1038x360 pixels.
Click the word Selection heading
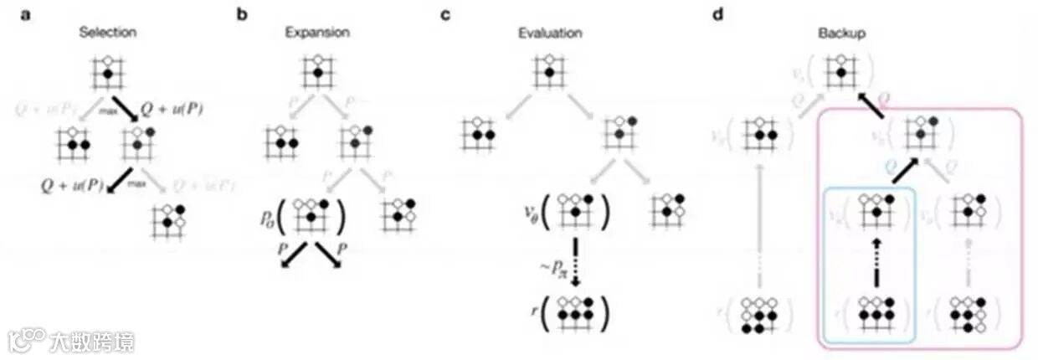(107, 33)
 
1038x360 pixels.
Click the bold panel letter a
(28, 14)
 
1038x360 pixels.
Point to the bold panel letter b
(242, 14)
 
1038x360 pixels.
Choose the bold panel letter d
(715, 14)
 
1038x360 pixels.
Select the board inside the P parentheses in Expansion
(311, 219)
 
